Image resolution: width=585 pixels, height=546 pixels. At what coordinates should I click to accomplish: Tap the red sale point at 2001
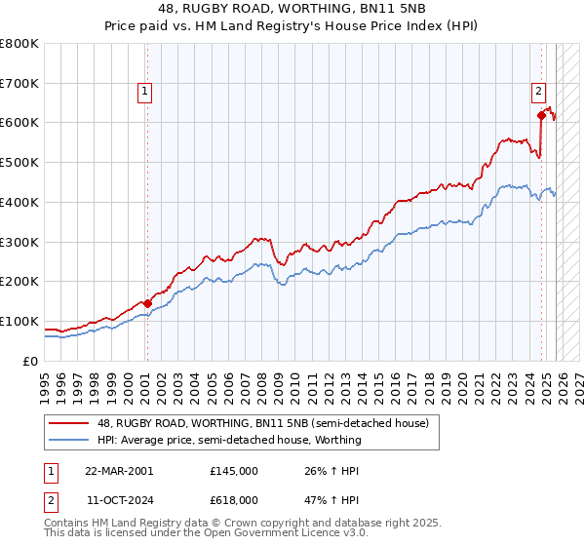pos(147,303)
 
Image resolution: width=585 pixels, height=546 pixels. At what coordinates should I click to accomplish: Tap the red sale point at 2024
pos(541,115)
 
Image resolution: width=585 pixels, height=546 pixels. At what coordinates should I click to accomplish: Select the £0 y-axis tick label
pos(32,361)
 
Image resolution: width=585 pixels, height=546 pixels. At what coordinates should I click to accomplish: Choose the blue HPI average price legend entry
pos(229,440)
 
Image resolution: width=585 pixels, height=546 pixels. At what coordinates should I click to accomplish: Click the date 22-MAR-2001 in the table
pos(118,471)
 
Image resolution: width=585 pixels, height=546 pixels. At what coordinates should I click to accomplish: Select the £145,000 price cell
pos(234,471)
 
